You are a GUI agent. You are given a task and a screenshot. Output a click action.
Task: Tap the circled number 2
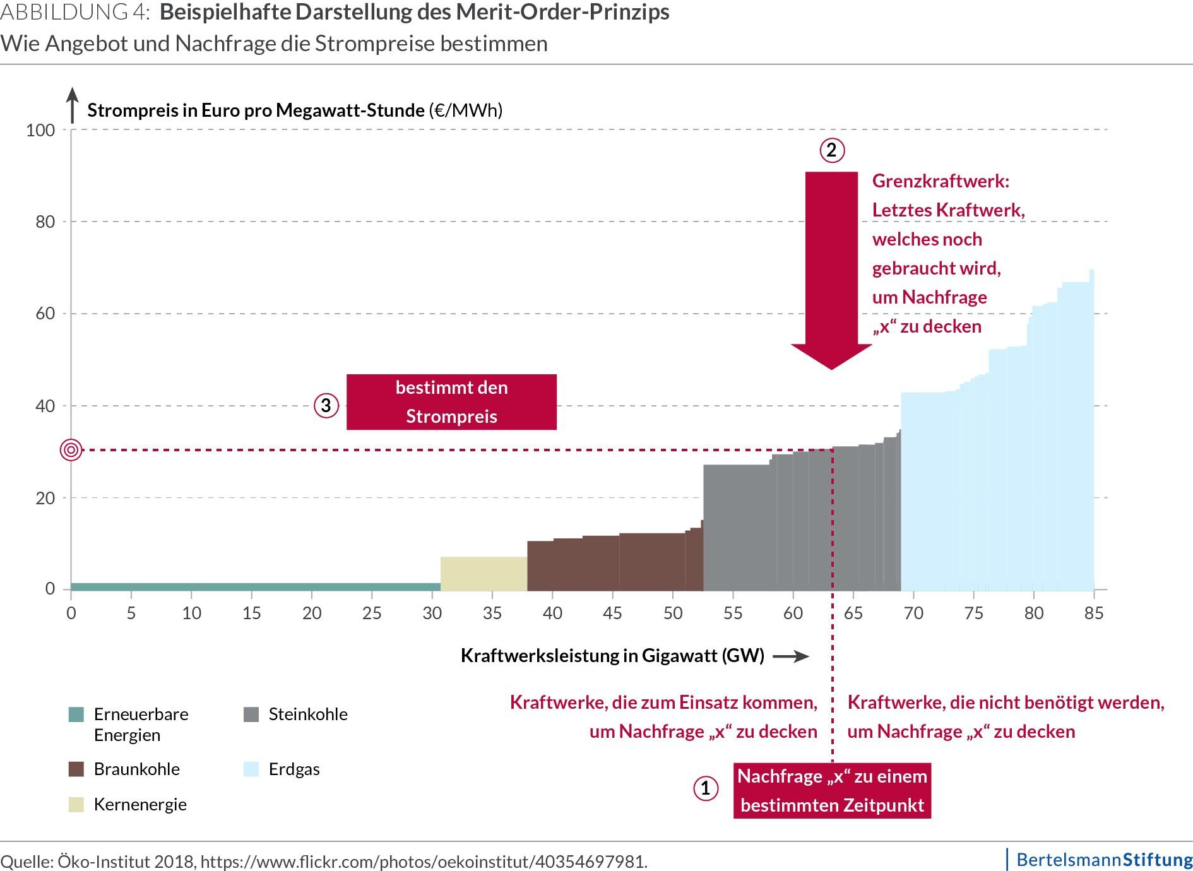tap(831, 150)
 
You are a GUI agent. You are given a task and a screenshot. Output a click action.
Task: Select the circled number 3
tap(326, 405)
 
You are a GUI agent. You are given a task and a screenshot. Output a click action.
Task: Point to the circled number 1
tap(705, 788)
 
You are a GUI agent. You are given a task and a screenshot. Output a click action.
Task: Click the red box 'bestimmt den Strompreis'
tap(451, 402)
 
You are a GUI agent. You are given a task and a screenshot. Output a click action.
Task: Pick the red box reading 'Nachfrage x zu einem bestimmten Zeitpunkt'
tap(832, 790)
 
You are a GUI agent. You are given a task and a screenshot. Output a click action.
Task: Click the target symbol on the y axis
tap(71, 450)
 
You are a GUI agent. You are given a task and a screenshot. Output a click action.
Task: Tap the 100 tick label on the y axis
tap(40, 131)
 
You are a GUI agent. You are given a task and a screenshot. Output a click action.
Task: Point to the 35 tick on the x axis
tap(492, 613)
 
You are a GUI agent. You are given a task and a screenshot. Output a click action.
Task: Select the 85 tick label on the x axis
tap(1094, 613)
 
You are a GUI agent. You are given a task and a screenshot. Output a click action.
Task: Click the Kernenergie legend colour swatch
tap(76, 805)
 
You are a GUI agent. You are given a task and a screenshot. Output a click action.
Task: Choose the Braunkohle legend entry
tap(136, 769)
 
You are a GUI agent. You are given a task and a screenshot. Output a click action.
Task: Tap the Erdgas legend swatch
tap(251, 769)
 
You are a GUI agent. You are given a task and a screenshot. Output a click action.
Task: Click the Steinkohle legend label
tap(308, 714)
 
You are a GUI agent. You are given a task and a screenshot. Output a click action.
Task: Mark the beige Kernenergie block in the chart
tap(484, 573)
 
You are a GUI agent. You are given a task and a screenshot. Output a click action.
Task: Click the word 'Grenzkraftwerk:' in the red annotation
tap(941, 181)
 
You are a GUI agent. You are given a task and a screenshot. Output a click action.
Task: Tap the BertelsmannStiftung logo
tap(1104, 859)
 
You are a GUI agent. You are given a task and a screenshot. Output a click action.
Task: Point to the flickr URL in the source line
tap(424, 862)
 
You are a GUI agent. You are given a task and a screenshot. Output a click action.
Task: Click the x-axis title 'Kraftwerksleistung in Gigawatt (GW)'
tap(612, 656)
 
